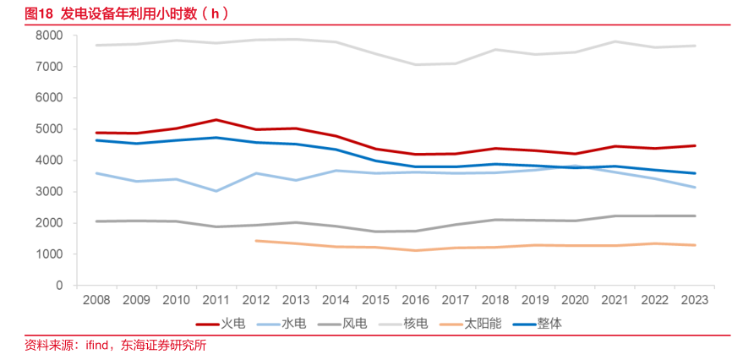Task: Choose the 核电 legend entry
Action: tap(415, 324)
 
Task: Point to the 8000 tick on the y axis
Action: tap(50, 35)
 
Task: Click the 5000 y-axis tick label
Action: tap(50, 129)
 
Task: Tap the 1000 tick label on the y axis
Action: tap(50, 254)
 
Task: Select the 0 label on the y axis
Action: tap(60, 286)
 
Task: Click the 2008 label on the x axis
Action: tap(96, 300)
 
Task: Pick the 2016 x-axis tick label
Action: tap(415, 300)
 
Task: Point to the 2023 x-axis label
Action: tap(694, 300)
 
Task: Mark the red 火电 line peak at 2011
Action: tap(216, 120)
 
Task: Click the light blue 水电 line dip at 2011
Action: tap(216, 191)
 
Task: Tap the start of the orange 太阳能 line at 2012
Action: tap(256, 241)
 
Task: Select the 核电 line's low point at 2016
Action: tap(415, 64)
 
